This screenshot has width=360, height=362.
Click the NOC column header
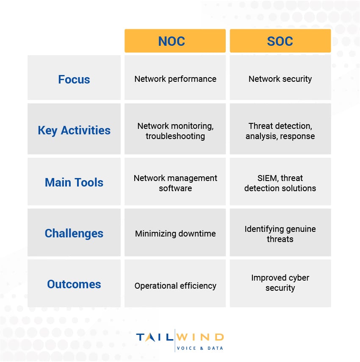click(175, 41)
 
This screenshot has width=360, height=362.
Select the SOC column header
click(280, 41)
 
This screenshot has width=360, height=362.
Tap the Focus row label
click(74, 79)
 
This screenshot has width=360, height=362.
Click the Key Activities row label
click(74, 130)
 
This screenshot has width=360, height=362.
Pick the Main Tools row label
click(74, 182)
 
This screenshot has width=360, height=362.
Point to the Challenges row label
click(74, 233)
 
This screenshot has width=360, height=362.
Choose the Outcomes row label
click(74, 284)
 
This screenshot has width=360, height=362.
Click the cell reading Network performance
click(175, 79)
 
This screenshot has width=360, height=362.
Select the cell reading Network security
click(280, 79)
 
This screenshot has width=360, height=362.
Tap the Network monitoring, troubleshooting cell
click(175, 131)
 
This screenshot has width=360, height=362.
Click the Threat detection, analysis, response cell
click(280, 131)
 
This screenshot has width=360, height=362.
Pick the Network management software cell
click(175, 183)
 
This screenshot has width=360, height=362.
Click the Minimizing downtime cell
click(175, 234)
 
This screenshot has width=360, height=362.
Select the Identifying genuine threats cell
click(280, 234)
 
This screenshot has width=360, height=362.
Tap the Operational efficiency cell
click(175, 286)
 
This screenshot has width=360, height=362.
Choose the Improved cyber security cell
click(280, 283)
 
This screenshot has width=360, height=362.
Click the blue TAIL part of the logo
click(155, 337)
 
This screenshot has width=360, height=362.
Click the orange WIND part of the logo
click(200, 337)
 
